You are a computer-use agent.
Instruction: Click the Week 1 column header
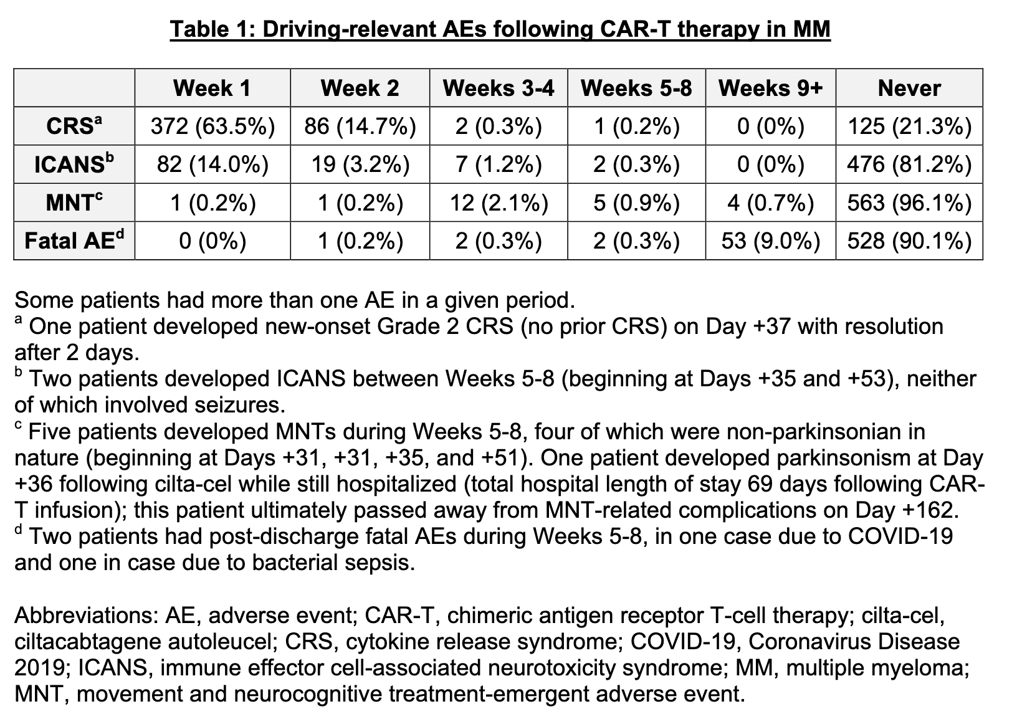point(212,88)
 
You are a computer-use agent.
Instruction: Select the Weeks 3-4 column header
point(499,88)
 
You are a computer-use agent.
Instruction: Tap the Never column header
point(909,88)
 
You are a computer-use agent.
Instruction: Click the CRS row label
point(74,125)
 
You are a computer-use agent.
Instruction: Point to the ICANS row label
point(74,163)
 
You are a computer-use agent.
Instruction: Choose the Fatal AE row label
point(74,240)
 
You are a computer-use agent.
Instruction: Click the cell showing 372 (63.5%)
point(212,126)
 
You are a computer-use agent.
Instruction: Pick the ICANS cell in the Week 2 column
point(360,164)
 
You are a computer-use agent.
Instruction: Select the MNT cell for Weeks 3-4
point(499,202)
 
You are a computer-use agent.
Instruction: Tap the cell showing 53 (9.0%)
point(771,240)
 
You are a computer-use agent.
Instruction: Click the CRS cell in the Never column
point(909,126)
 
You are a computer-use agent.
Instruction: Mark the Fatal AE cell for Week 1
point(212,240)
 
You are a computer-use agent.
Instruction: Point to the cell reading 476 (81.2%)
point(909,164)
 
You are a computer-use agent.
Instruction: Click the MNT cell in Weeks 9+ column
point(771,202)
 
